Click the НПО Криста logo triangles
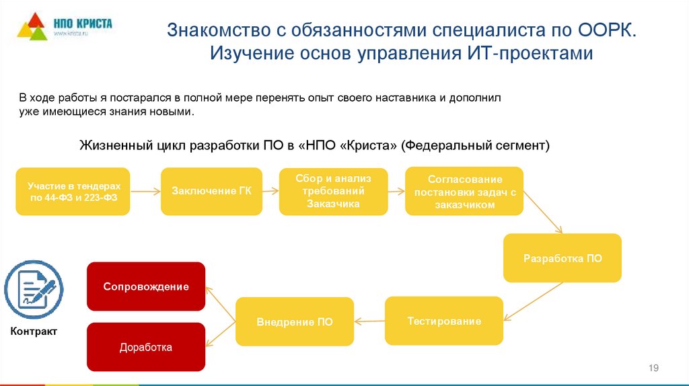click(x=31, y=26)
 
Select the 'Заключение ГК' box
click(x=211, y=191)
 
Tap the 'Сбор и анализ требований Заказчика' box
click(x=333, y=191)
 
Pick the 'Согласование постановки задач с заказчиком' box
click(x=464, y=191)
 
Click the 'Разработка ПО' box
click(x=563, y=258)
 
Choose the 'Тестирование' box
click(x=444, y=321)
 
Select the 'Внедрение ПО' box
click(x=294, y=321)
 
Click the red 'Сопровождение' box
click(x=146, y=286)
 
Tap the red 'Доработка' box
click(x=146, y=347)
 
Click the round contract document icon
click(x=34, y=289)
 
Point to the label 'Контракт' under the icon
click(x=34, y=332)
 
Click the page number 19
click(x=653, y=367)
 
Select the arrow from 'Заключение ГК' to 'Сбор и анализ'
click(x=270, y=191)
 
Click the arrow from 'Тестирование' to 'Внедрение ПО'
click(x=369, y=321)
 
